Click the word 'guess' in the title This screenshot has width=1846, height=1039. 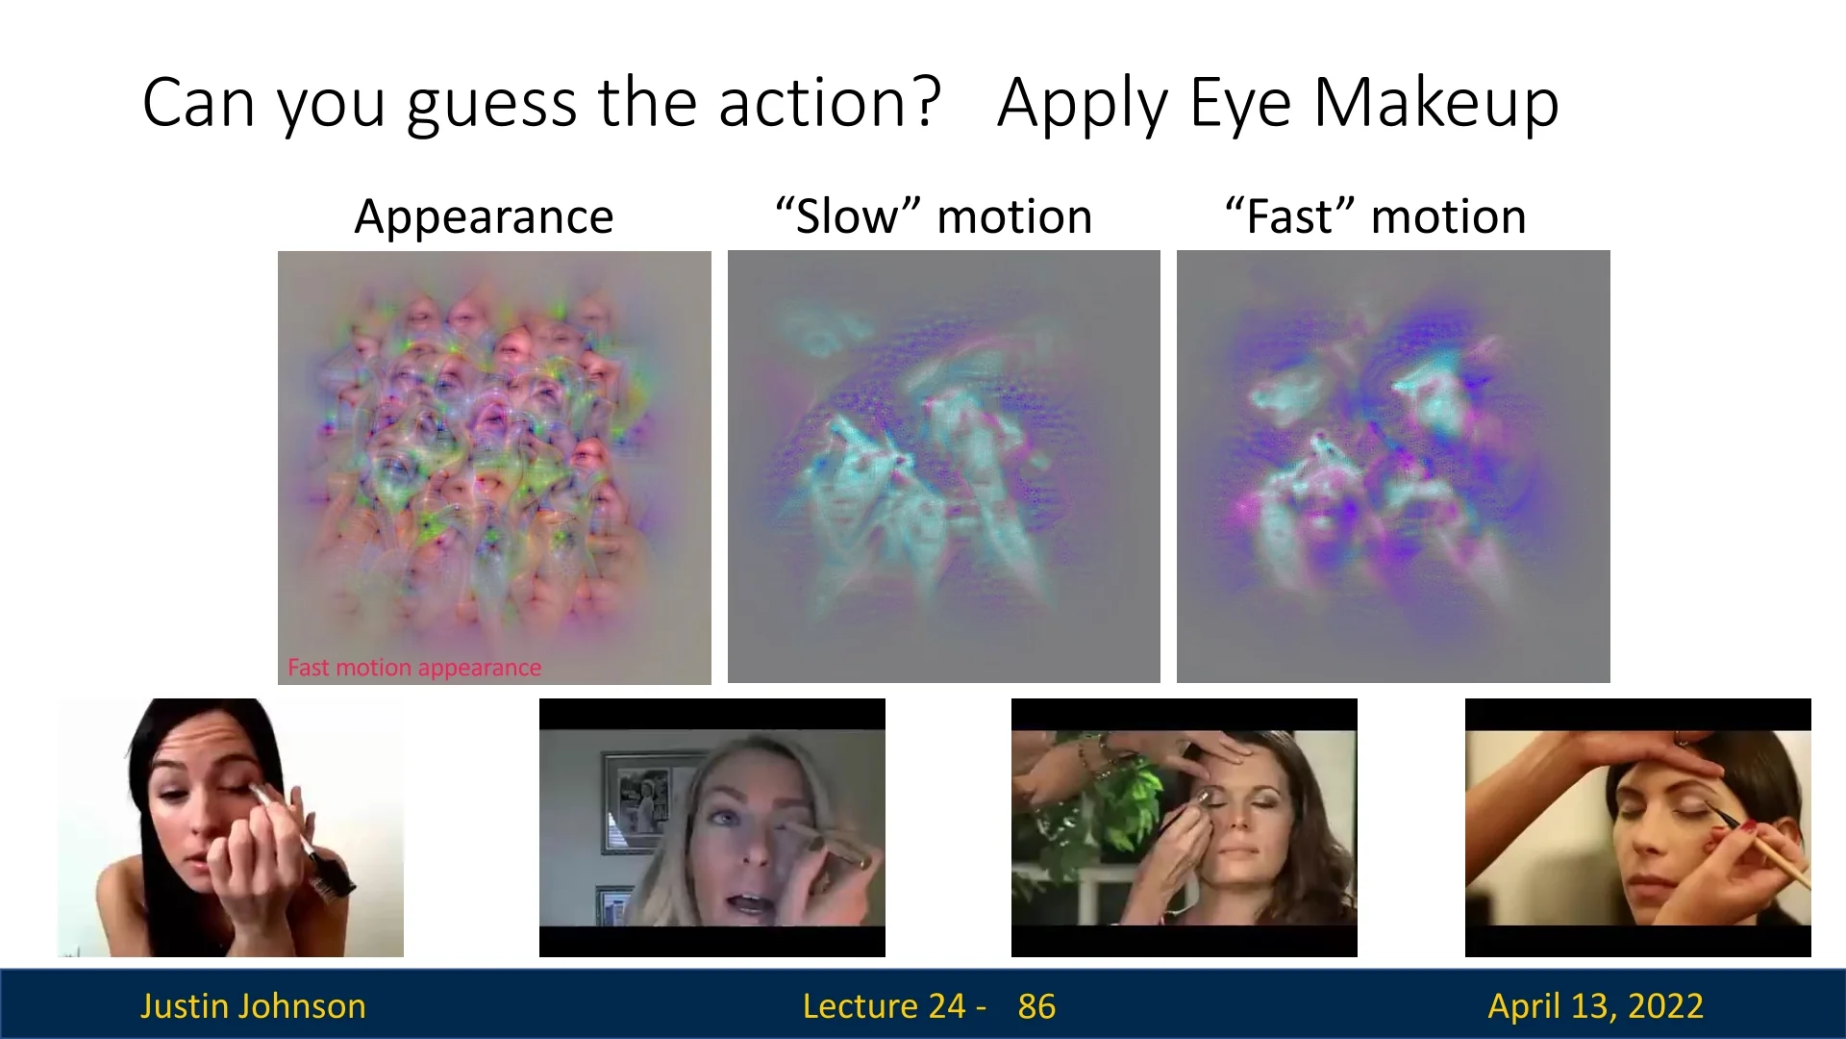492,104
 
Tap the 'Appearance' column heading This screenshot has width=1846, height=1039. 484,217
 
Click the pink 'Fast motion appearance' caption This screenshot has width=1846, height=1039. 414,668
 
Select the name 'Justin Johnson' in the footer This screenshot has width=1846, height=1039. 253,1006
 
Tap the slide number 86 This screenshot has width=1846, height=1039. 1036,1006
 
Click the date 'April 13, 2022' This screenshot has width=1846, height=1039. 1595,1006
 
